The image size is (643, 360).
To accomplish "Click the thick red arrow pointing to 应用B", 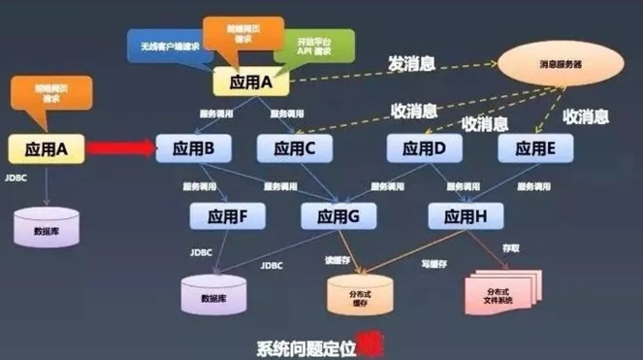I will tap(118, 148).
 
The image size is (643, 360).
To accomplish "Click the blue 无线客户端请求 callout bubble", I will tap(167, 43).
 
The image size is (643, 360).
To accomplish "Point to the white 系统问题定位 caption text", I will tap(303, 347).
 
